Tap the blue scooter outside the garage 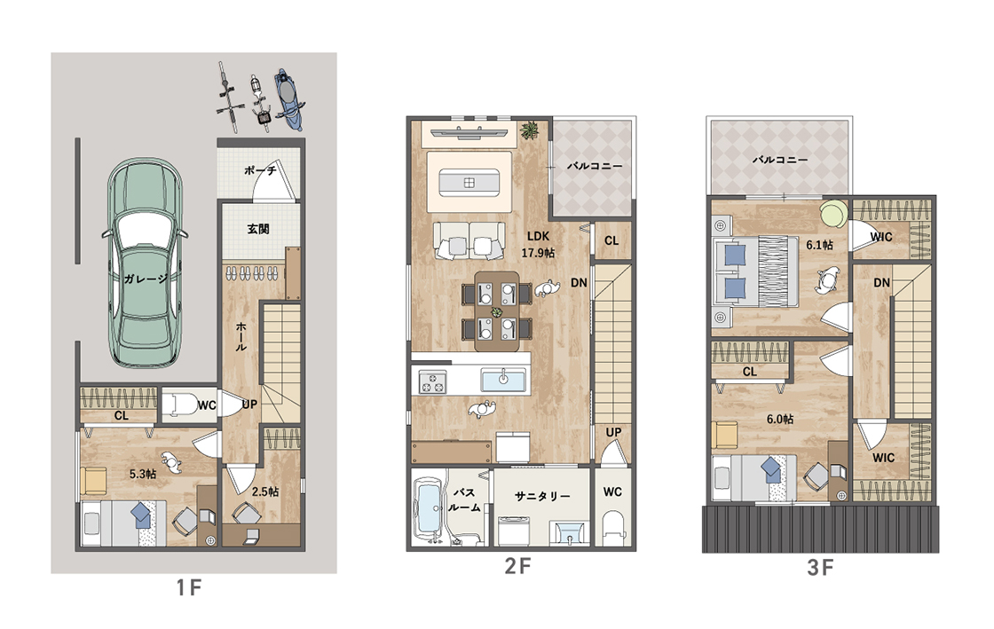[x=288, y=98]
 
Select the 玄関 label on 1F [x=258, y=229]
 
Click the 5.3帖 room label [x=143, y=474]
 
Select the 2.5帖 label [x=264, y=491]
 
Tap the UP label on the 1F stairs [x=249, y=404]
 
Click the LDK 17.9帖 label [x=538, y=245]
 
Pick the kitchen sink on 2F [x=503, y=380]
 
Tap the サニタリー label [x=542, y=496]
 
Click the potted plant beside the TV [x=528, y=130]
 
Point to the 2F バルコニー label [x=594, y=166]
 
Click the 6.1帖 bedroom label [x=819, y=245]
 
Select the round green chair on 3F [x=834, y=213]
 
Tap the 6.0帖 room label [x=780, y=419]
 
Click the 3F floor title [x=820, y=567]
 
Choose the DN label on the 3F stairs [x=882, y=282]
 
